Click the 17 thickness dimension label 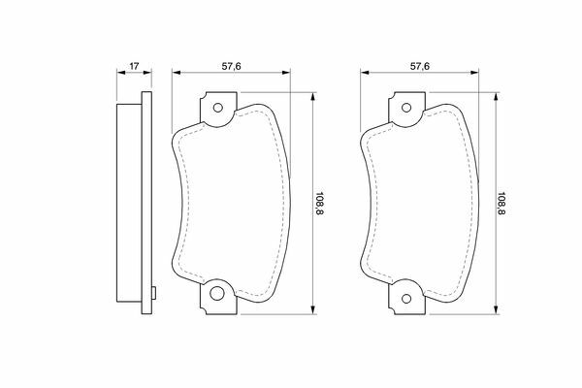click(x=134, y=66)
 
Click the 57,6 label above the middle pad click(x=231, y=66)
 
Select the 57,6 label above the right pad click(x=420, y=66)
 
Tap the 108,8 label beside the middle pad click(x=319, y=204)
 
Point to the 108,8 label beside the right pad click(x=501, y=204)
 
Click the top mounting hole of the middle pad click(x=218, y=108)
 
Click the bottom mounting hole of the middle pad click(x=217, y=293)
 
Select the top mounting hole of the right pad click(x=406, y=108)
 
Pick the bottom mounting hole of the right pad click(x=406, y=298)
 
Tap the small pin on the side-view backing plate click(x=153, y=293)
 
